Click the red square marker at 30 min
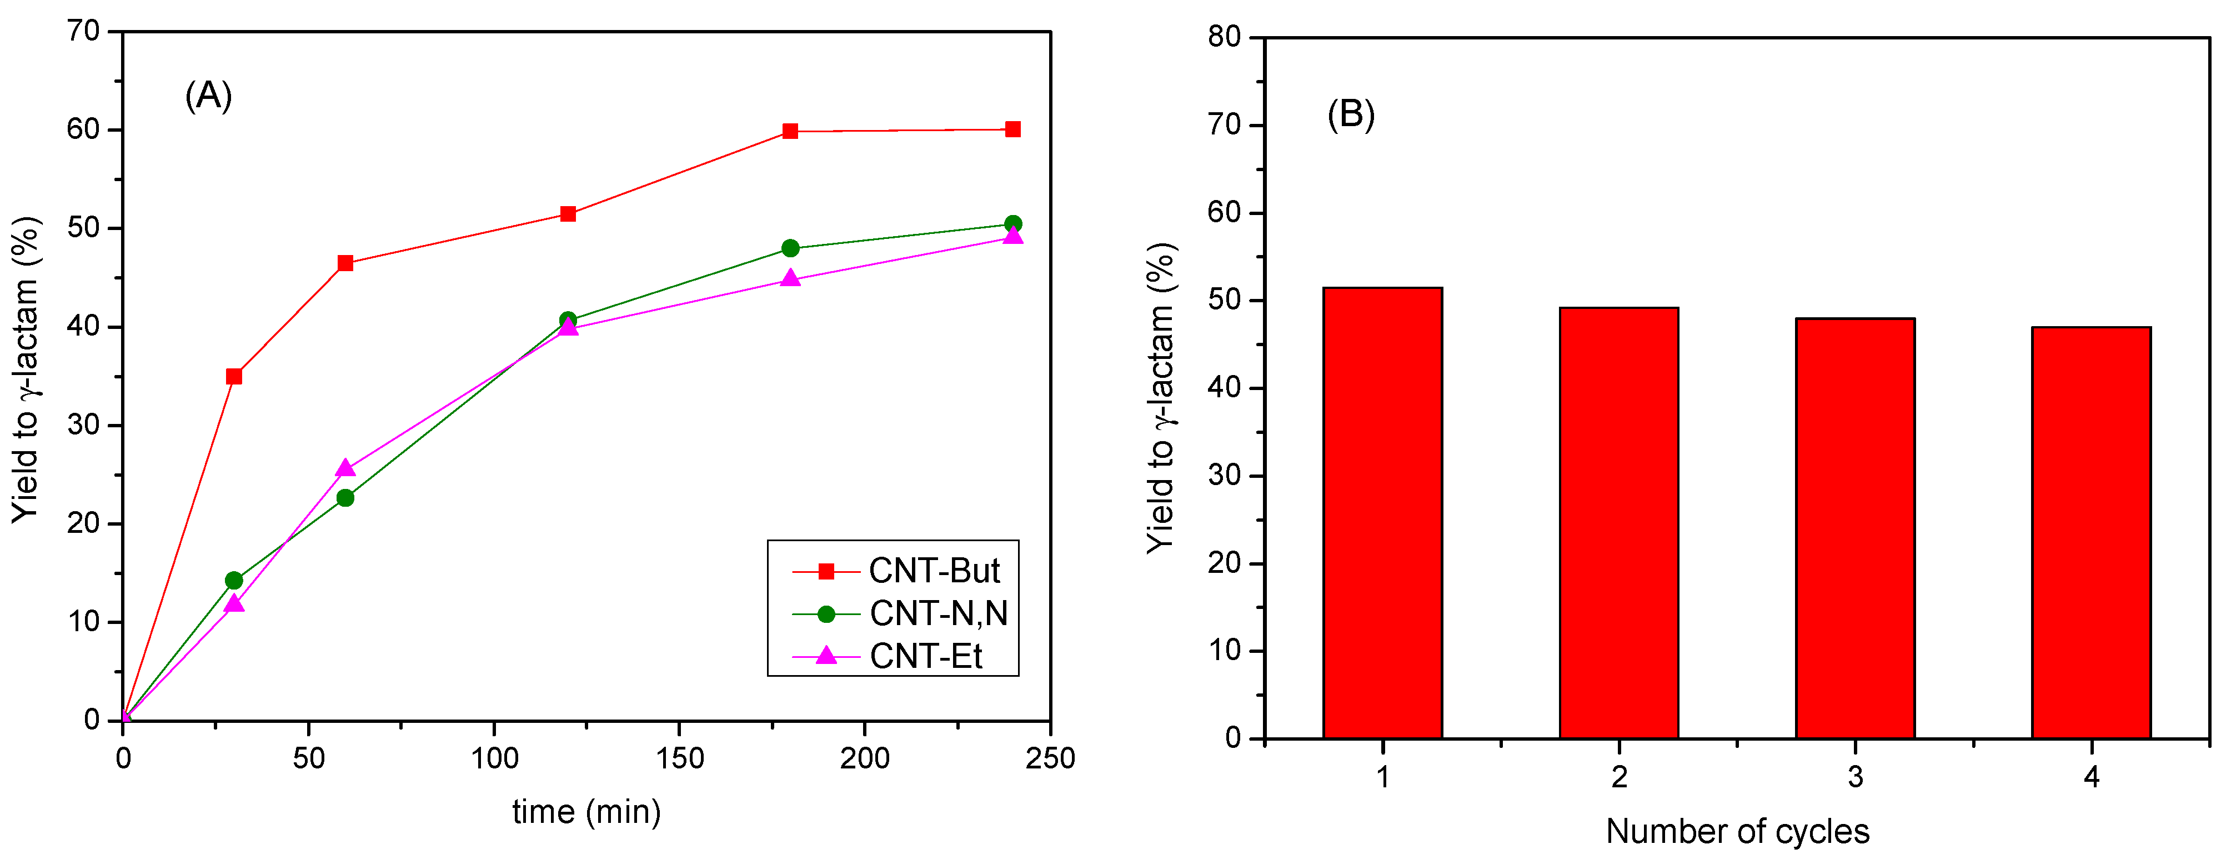233,376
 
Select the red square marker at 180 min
790,131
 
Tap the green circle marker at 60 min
345,498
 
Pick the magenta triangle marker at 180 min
790,278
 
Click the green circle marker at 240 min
1013,224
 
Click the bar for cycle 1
1382,513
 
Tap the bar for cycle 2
1618,523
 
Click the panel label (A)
208,95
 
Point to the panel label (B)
1351,114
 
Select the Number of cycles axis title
1737,831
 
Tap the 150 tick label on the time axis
679,759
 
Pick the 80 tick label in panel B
1225,37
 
